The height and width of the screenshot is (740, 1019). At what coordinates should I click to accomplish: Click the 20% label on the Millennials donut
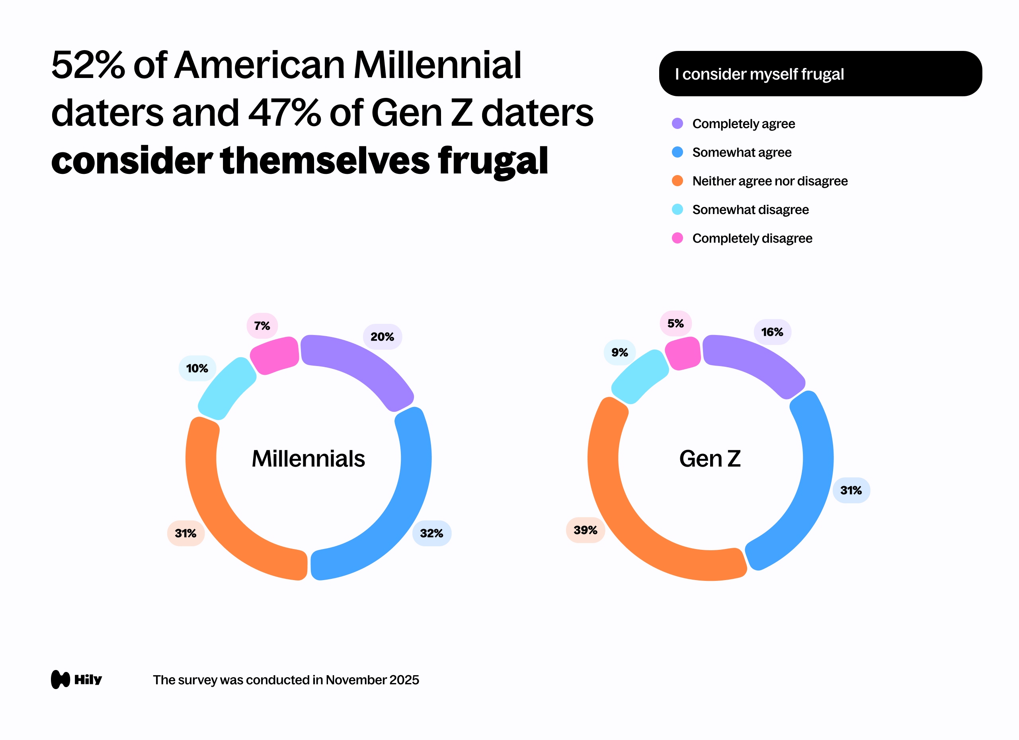pos(383,337)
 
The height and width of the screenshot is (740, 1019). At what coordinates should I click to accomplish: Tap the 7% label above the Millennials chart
pos(262,325)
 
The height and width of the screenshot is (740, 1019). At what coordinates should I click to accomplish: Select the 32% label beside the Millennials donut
pos(431,533)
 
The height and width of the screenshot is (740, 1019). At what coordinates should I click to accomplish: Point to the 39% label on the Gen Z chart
pos(586,530)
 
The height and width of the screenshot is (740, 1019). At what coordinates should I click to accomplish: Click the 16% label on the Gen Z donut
pos(772,332)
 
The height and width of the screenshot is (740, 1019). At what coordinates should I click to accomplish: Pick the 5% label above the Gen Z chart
pos(675,323)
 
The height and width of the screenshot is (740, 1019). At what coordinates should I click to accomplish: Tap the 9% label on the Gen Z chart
pos(620,352)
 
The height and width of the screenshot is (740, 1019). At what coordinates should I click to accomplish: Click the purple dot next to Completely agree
pos(677,123)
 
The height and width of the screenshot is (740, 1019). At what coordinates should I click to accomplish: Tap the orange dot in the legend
pos(677,181)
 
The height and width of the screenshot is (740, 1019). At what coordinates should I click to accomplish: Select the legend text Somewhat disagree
pos(750,210)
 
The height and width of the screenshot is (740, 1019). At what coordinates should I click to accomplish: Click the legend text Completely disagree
pos(752,238)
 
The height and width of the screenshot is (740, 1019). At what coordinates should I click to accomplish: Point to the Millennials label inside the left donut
pos(308,458)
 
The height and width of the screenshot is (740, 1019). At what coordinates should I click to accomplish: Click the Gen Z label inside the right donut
pos(710,458)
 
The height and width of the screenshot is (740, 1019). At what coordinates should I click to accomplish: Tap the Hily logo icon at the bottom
pos(61,680)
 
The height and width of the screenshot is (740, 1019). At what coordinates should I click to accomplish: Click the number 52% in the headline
pos(88,65)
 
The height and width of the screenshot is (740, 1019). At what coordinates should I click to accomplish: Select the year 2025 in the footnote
pos(404,680)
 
